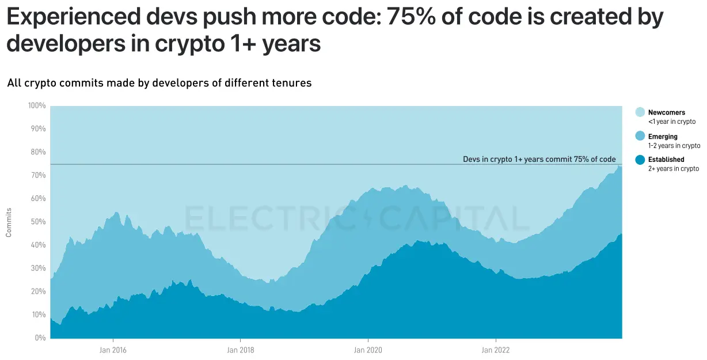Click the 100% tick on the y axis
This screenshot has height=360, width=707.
point(37,105)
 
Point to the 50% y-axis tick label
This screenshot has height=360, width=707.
point(38,222)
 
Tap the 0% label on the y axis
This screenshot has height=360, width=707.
point(40,338)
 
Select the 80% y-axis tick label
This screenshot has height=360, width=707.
point(38,152)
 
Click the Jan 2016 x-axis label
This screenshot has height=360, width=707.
point(113,350)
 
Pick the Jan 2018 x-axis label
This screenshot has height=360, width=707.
point(240,350)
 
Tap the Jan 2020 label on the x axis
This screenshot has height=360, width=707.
point(367,350)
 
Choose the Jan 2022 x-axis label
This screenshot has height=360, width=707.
point(495,350)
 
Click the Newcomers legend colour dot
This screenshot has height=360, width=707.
point(640,112)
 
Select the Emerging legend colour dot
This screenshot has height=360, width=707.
point(640,137)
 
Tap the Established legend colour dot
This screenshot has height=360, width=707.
point(640,160)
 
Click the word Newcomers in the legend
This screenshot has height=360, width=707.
point(667,113)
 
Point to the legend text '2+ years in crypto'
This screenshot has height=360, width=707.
point(674,169)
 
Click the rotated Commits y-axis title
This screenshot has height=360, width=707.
point(9,222)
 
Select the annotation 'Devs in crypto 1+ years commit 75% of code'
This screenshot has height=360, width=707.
point(539,160)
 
